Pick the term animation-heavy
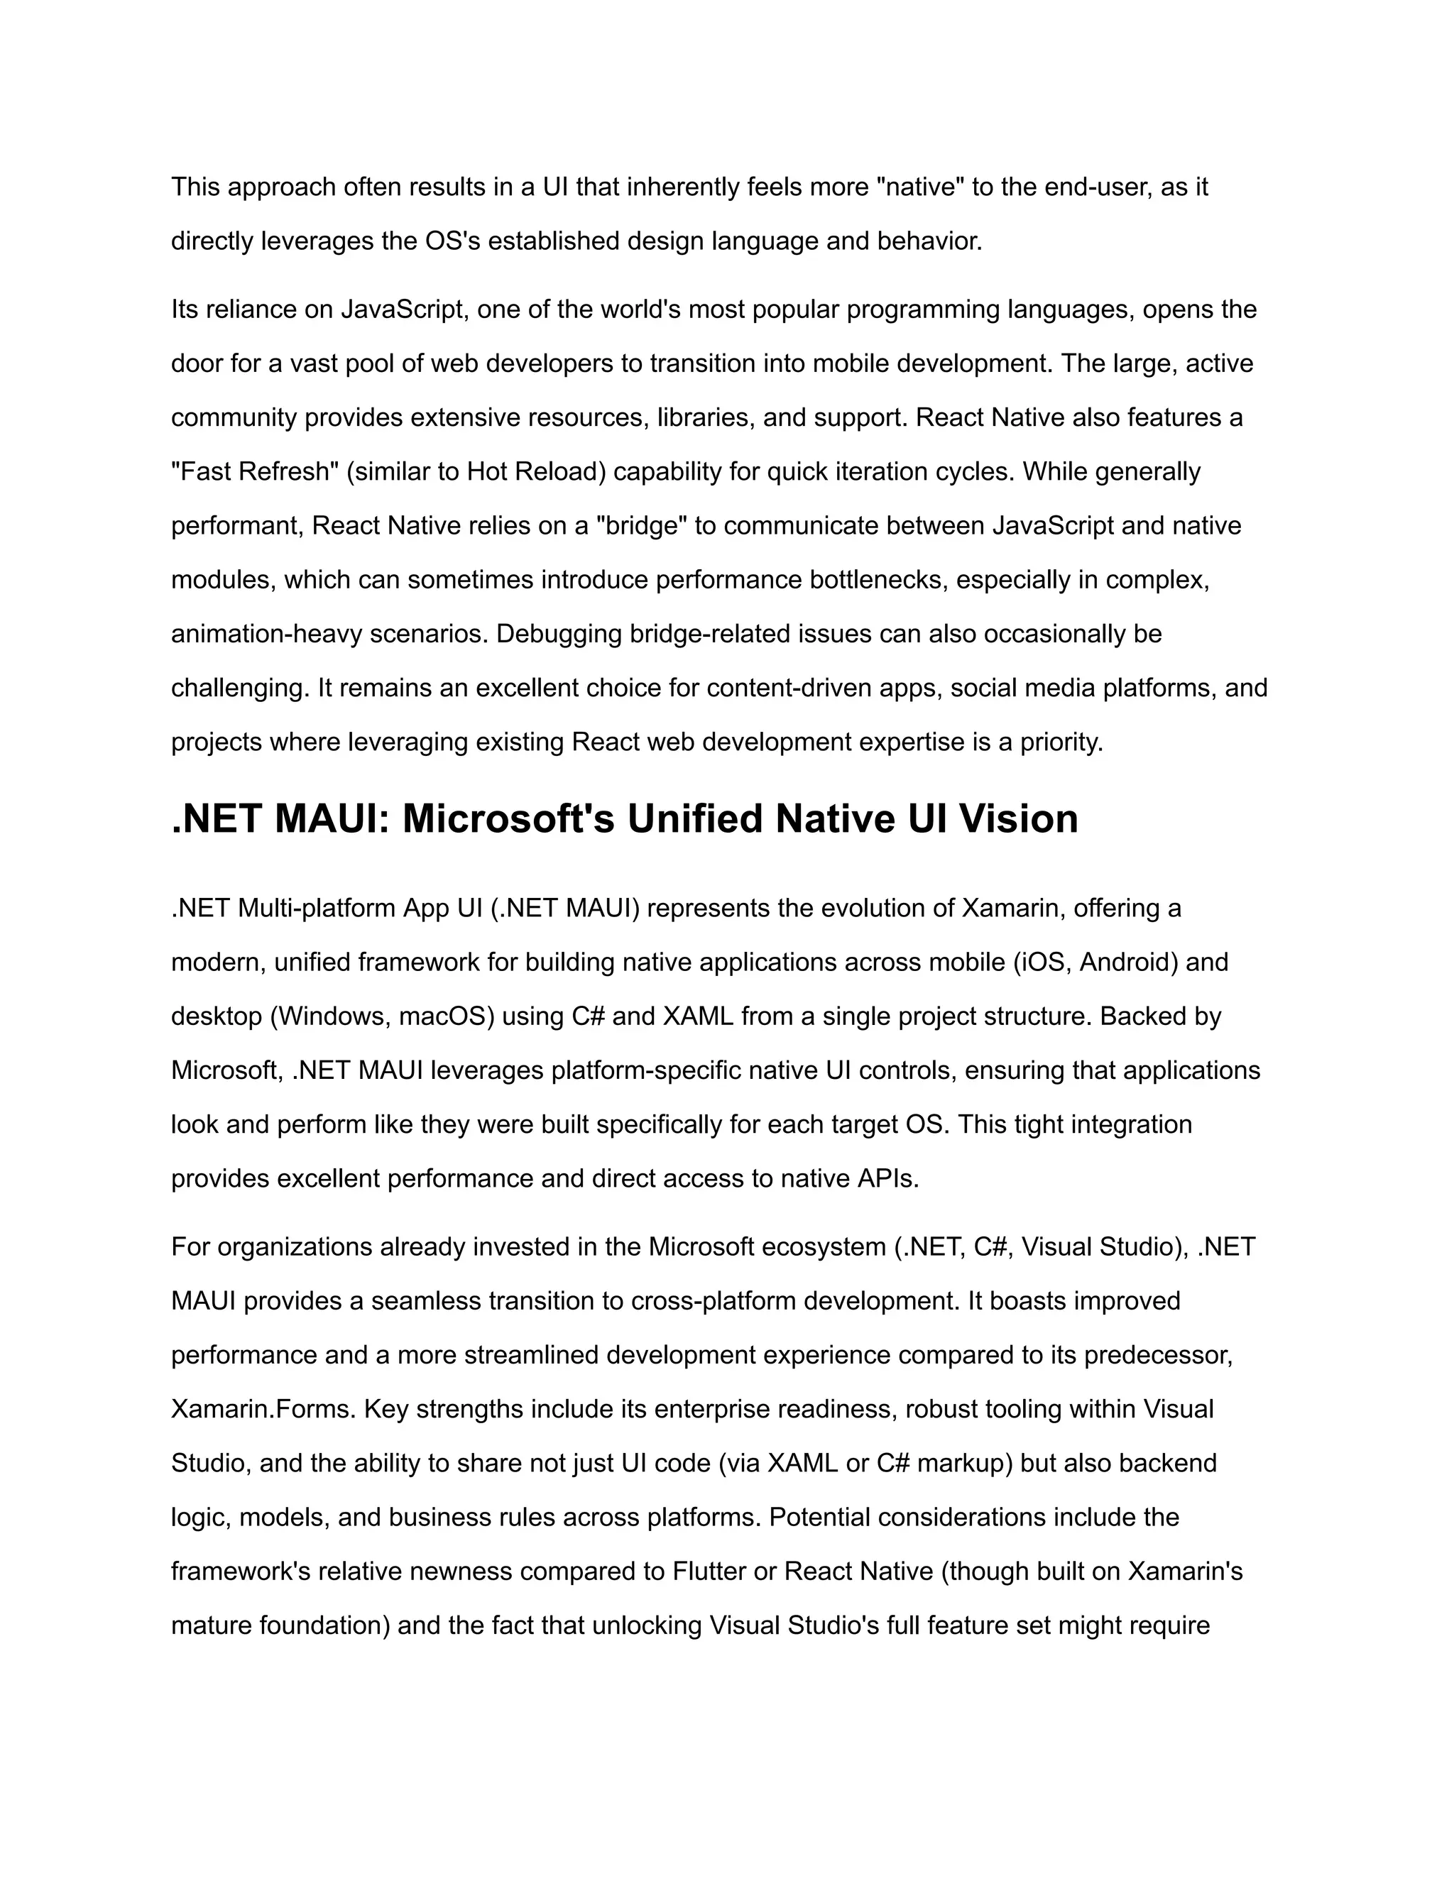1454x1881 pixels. (x=266, y=634)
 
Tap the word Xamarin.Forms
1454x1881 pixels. (x=263, y=1409)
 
